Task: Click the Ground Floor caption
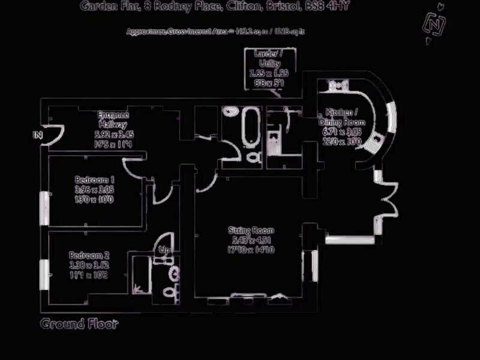click(79, 325)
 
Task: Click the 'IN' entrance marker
click(38, 136)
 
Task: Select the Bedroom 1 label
click(95, 179)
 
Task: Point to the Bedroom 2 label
click(89, 254)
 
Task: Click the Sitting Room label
click(251, 230)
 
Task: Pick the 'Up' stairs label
click(163, 249)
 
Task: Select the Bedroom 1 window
click(43, 208)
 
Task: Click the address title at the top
click(215, 7)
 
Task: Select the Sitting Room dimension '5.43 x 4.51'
click(252, 240)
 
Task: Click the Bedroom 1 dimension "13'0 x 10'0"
click(95, 199)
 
